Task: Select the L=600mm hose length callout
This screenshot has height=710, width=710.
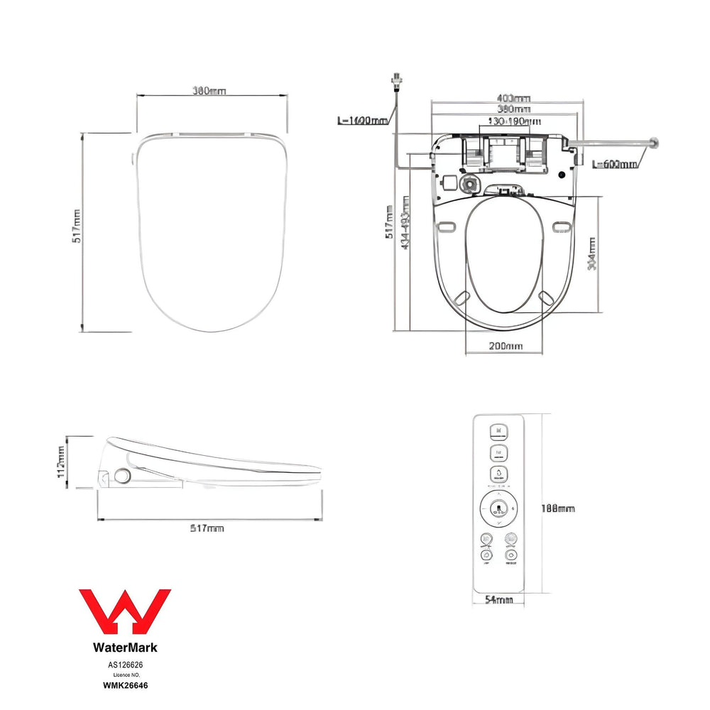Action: coord(614,164)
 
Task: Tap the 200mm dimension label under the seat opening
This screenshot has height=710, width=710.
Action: coord(506,346)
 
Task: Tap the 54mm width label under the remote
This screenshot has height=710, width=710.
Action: coord(498,600)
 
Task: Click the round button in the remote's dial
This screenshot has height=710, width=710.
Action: coord(498,508)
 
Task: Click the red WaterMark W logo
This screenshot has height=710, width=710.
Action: coord(124,613)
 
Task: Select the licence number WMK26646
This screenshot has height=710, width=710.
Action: coord(125,686)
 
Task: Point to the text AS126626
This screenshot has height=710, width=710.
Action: coord(125,665)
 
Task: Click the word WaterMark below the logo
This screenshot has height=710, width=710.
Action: coord(125,648)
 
